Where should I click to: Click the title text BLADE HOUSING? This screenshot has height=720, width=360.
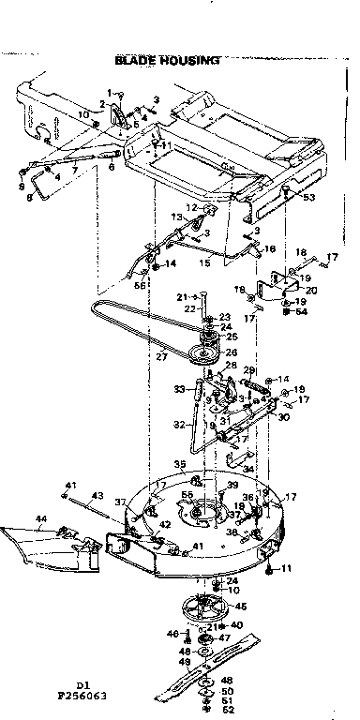167,60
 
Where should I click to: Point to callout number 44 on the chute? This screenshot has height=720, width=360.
41,517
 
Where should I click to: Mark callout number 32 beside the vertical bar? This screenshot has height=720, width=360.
176,424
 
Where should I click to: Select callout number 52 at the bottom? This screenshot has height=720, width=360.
228,710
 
